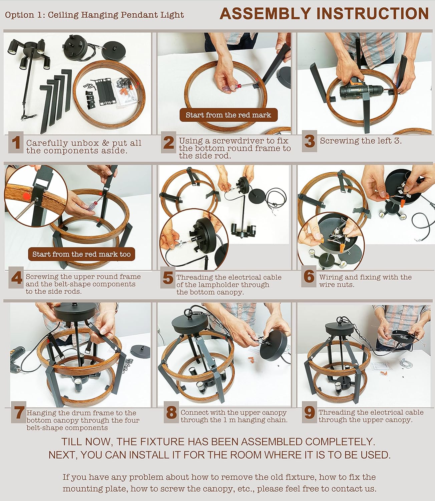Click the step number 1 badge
pos(16,143)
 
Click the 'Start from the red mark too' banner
pos(81,254)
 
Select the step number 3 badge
pos(310,141)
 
